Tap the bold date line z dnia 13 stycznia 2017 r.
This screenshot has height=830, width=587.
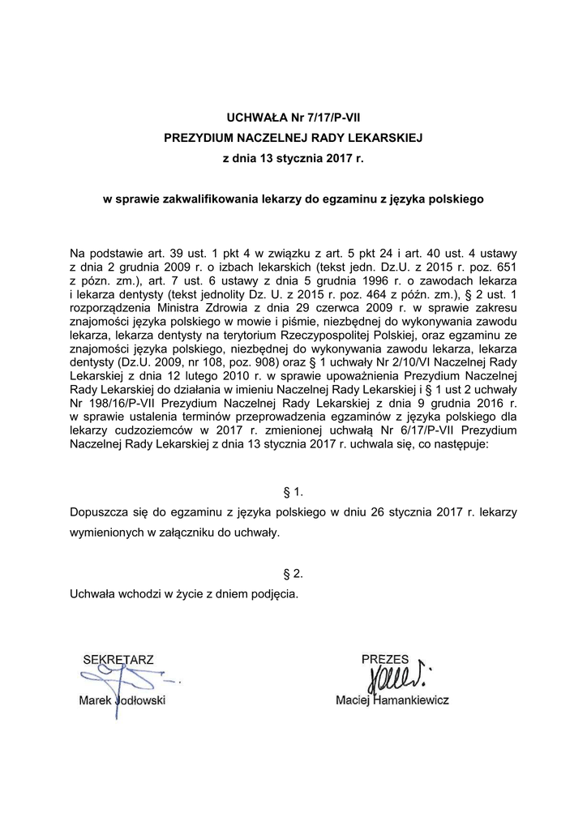coord(293,159)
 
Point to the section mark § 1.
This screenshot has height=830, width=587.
coord(293,492)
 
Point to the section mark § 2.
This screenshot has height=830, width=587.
coord(293,574)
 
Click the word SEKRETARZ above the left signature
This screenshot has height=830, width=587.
coord(118,660)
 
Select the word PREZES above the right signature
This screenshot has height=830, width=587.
coord(385,660)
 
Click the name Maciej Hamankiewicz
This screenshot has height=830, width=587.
coord(392,700)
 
